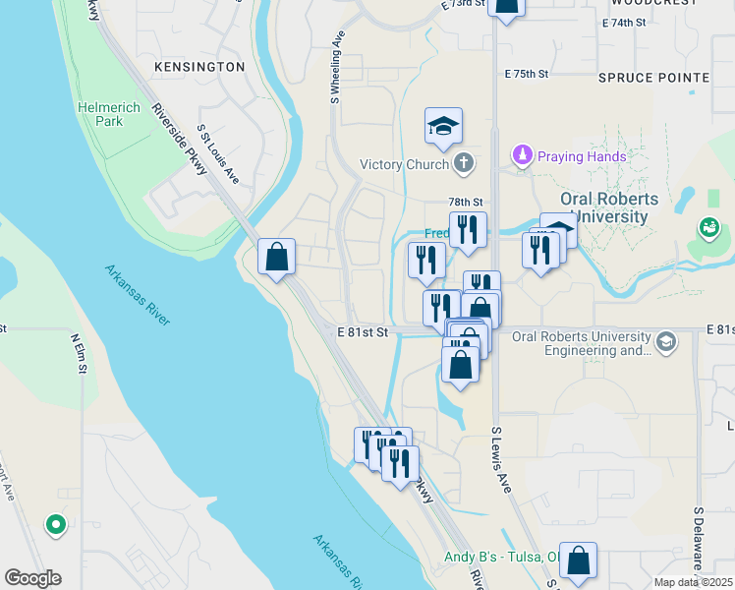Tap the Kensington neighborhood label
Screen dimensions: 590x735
point(198,67)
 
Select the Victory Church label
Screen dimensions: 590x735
point(404,164)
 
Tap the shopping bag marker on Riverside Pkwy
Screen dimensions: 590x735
point(277,258)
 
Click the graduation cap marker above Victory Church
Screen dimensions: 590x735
point(443,127)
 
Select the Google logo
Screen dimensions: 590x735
point(32,578)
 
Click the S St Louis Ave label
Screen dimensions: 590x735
point(218,154)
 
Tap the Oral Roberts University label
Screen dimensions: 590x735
point(603,206)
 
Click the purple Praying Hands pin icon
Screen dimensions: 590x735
point(522,155)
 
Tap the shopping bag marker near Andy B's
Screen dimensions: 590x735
point(578,560)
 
